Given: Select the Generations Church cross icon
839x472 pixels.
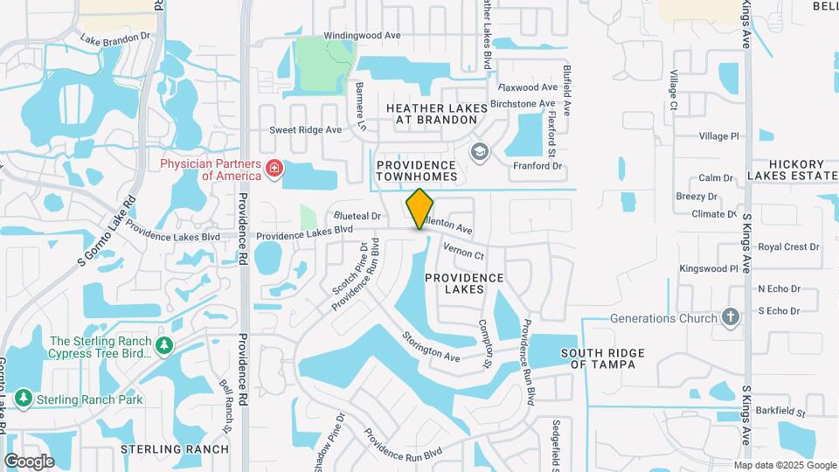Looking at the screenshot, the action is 731,318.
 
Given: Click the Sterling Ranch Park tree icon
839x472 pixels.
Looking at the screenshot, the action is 23,399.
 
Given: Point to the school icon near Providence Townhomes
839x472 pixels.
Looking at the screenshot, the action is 478,153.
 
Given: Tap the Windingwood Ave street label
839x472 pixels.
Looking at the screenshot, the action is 362,36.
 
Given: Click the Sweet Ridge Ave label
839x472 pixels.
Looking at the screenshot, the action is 305,129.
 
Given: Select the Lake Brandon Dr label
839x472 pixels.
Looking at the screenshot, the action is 115,40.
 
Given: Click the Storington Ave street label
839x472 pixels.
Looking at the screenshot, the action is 431,346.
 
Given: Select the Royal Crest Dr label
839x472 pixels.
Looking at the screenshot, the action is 788,247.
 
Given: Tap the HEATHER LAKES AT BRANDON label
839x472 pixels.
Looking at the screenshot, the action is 436,113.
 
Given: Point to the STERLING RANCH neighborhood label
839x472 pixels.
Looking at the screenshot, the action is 175,449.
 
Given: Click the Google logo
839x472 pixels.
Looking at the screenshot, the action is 29,461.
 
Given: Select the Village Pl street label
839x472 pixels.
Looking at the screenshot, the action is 718,136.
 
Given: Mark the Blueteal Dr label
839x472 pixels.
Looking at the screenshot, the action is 357,215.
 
